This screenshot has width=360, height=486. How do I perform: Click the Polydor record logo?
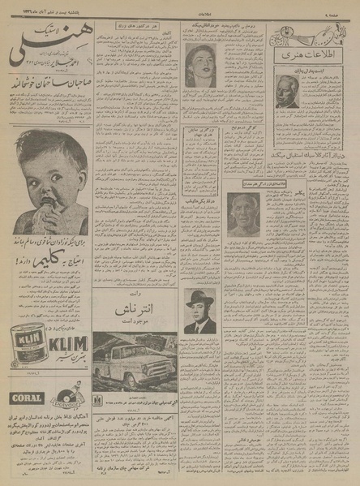click(66, 397)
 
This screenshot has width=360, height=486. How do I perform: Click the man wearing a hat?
click(199, 312)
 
